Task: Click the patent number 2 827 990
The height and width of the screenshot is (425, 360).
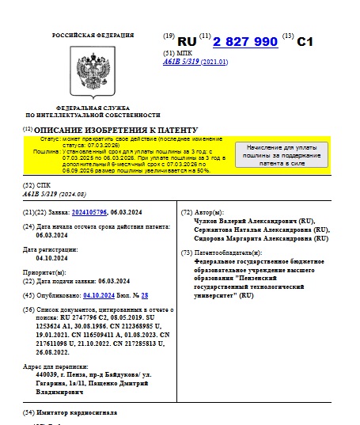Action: [245, 42]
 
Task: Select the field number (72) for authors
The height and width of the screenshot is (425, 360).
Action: [187, 213]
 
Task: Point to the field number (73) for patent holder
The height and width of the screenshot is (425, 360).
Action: [187, 252]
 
